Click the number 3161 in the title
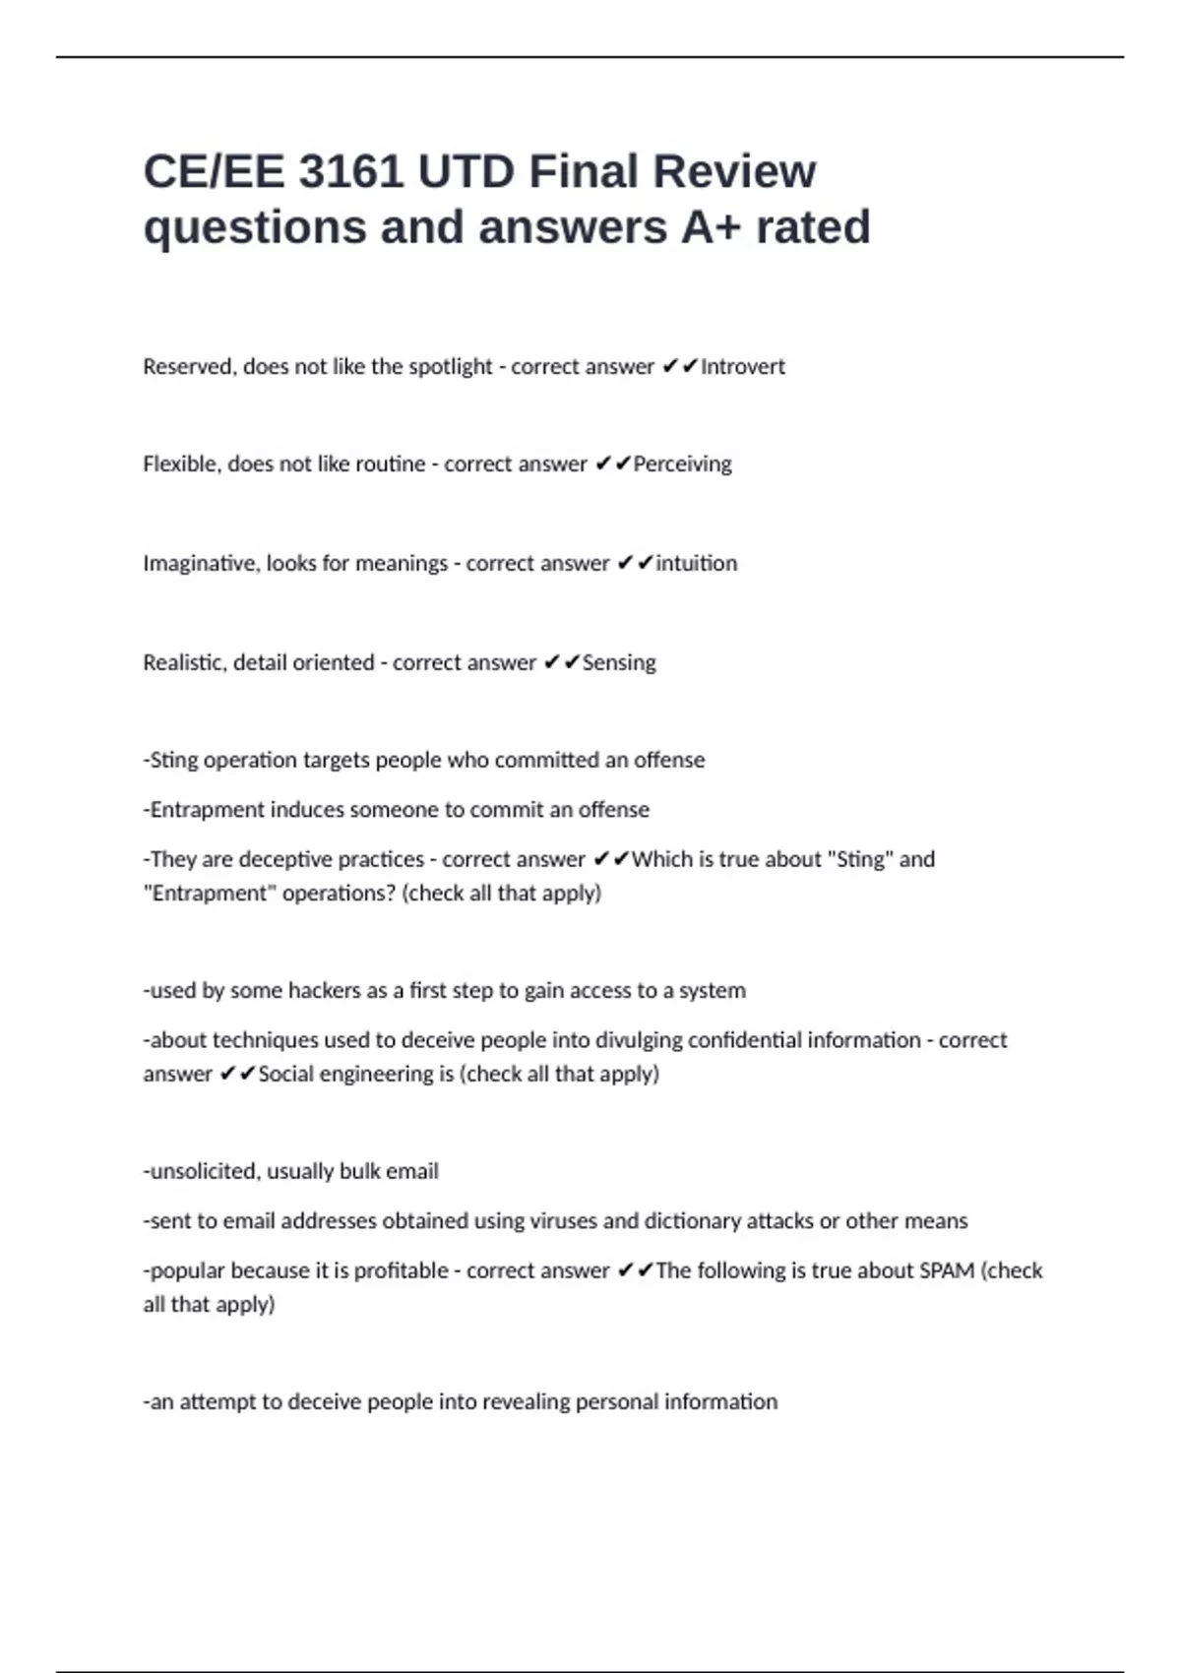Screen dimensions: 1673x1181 tap(350, 172)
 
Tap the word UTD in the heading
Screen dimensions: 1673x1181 tap(466, 172)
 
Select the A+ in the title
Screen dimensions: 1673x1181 tap(711, 227)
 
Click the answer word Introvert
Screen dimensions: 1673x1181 tap(743, 367)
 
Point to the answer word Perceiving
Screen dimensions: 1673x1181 tap(682, 465)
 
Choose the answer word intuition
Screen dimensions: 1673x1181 tap(696, 564)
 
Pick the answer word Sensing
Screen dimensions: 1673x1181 tap(619, 663)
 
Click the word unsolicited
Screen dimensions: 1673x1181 tap(204, 1172)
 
